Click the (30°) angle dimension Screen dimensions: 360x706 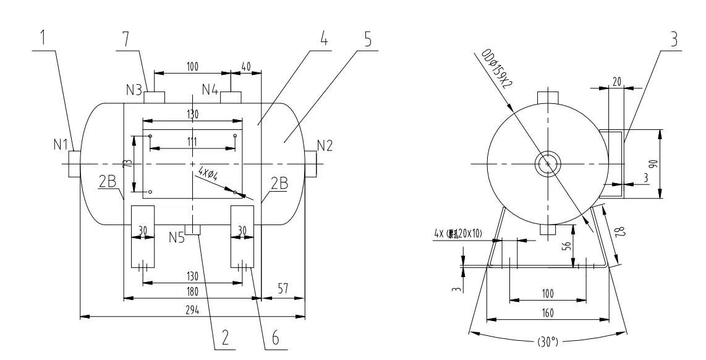click(547, 341)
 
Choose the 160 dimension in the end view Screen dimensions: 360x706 click(547, 313)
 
